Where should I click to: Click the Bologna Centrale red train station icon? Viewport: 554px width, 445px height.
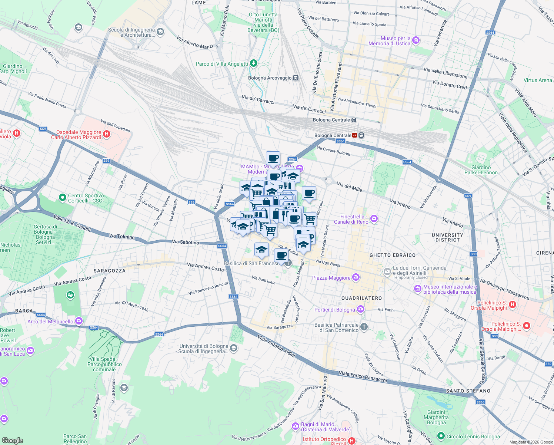[355, 135]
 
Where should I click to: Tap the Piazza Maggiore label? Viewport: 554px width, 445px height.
[331, 278]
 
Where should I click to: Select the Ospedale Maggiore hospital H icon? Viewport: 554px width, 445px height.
[107, 134]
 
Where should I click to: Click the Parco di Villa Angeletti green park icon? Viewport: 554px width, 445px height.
[253, 63]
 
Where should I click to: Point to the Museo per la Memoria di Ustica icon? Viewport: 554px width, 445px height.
[416, 40]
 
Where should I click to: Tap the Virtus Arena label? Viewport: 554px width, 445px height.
[538, 80]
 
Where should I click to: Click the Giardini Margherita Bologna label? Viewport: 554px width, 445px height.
[436, 417]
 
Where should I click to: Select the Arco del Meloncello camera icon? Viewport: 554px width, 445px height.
[79, 321]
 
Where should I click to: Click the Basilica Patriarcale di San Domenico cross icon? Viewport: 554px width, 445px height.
[364, 327]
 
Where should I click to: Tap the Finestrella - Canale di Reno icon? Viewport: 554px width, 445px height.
[374, 219]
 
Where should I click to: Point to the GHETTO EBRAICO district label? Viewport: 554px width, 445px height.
[393, 255]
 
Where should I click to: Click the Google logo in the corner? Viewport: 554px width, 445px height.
[13, 440]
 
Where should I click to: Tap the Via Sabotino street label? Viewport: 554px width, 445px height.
[185, 242]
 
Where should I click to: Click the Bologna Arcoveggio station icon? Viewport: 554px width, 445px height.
[296, 78]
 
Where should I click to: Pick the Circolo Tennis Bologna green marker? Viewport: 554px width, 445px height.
[441, 436]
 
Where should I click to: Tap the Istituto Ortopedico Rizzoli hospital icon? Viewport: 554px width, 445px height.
[352, 441]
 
